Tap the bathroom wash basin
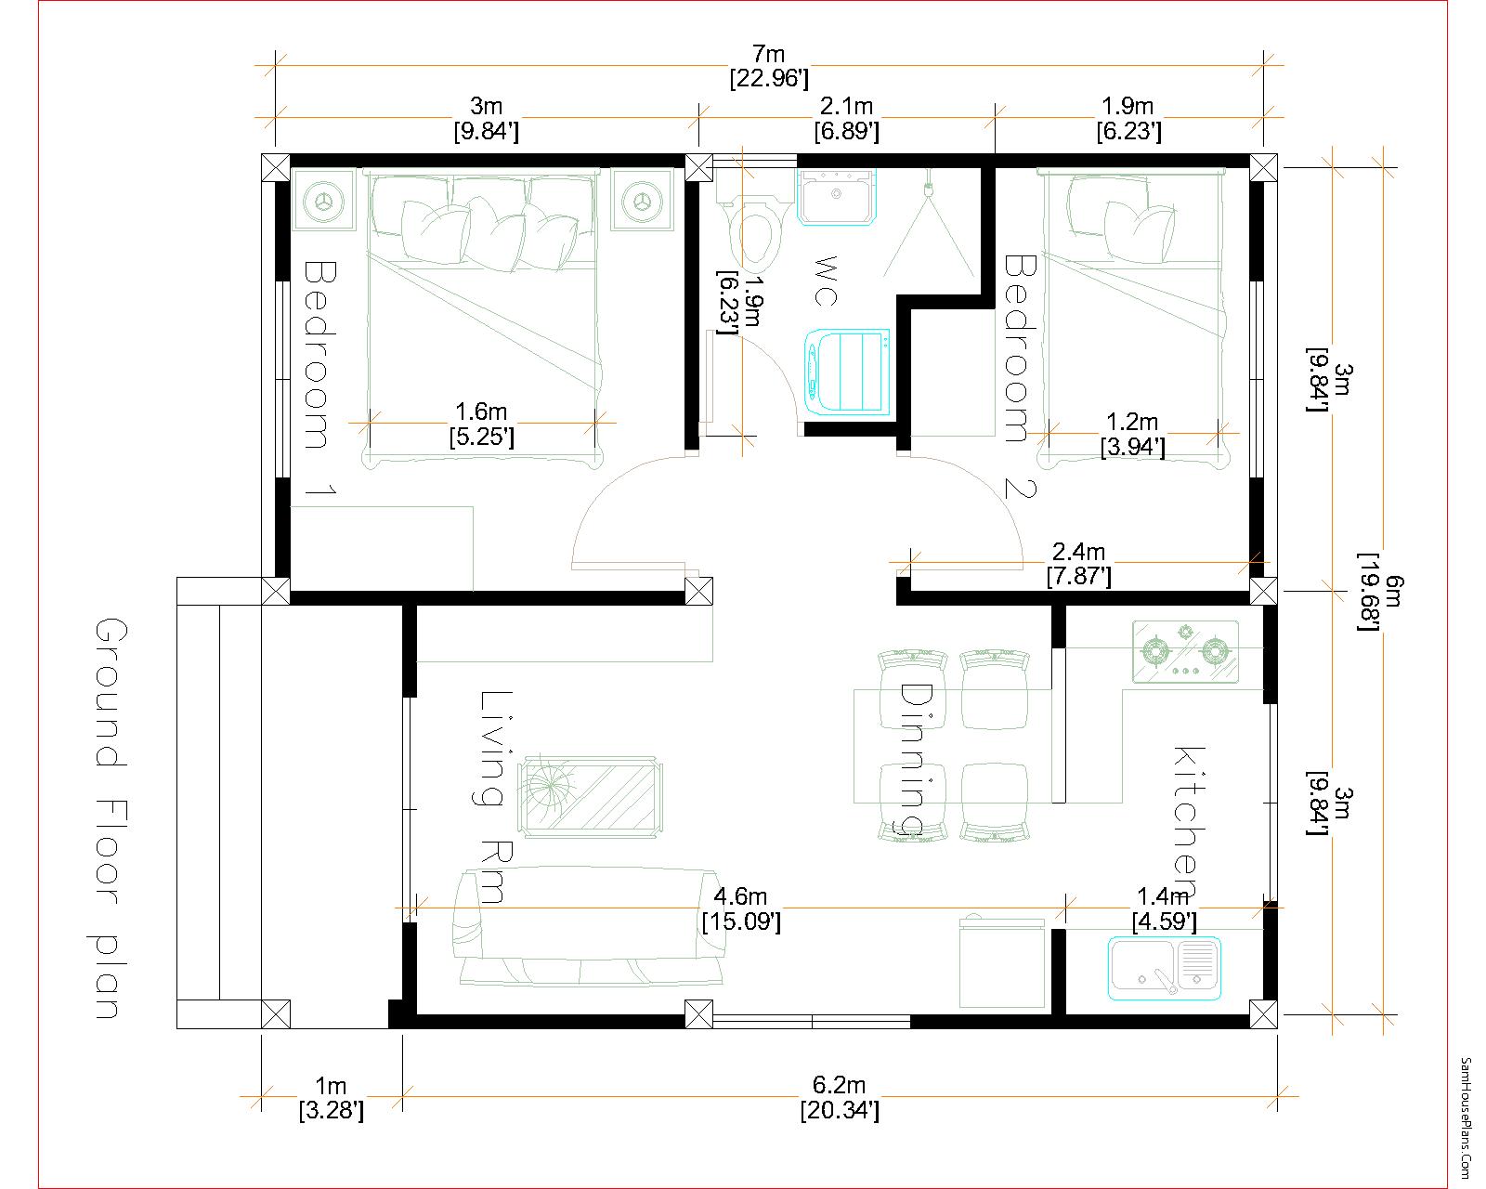pos(837,197)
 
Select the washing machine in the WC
pos(847,372)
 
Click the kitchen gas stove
pos(1185,651)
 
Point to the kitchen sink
pos(1165,968)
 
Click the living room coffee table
pos(591,797)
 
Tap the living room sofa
pos(588,927)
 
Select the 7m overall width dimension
pos(769,66)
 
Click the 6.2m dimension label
pos(839,1098)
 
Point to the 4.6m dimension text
pos(741,908)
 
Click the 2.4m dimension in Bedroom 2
pos(1078,563)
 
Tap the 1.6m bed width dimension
pos(481,424)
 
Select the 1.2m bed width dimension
pos(1132,433)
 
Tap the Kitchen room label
pos(1189,821)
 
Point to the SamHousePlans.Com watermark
pos(1466,1116)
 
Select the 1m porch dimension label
pos(331,1098)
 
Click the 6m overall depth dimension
pos(1380,592)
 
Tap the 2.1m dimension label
pos(847,118)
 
